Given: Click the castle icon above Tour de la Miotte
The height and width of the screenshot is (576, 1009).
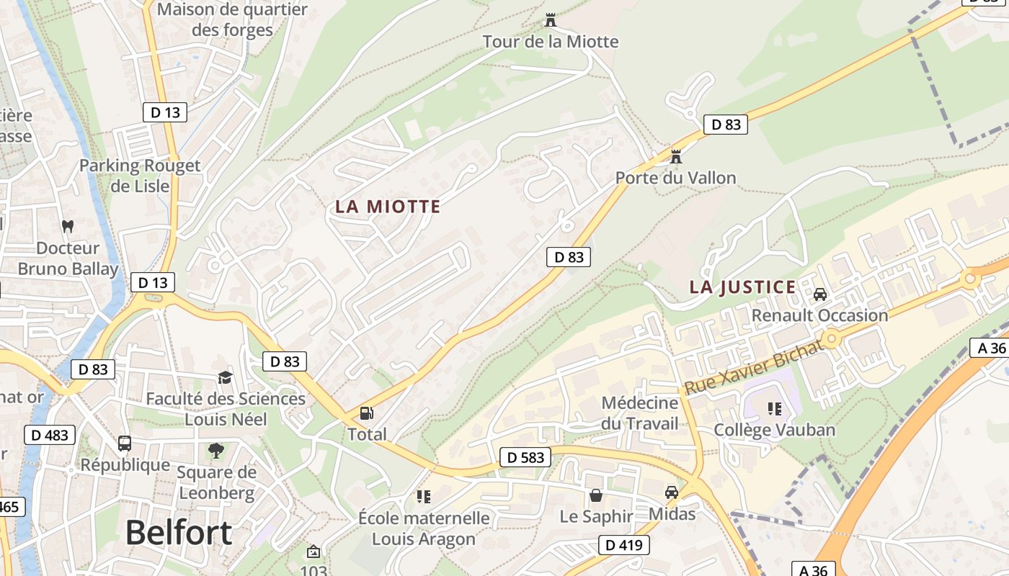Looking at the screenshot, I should click(551, 19).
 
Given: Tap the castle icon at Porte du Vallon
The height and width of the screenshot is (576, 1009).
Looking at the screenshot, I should click(676, 156).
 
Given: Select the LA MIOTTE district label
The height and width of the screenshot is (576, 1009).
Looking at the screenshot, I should click(388, 207).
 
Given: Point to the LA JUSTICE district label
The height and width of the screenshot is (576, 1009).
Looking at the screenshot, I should click(742, 287).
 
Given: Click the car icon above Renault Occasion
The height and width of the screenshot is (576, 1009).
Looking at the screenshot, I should click(820, 294).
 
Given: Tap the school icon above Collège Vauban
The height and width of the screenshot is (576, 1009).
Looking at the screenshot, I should click(775, 409).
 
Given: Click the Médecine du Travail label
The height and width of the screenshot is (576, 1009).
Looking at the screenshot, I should click(640, 413).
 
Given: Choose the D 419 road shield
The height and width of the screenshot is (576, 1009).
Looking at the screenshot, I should click(623, 545).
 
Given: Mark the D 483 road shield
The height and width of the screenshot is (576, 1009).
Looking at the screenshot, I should click(50, 434).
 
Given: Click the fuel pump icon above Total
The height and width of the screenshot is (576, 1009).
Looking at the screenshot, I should click(367, 413).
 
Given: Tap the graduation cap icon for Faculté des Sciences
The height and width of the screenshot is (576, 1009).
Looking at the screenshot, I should click(226, 377).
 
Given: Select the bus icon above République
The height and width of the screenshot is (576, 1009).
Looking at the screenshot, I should click(125, 443).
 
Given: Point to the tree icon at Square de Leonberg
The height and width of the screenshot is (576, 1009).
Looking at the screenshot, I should click(215, 451).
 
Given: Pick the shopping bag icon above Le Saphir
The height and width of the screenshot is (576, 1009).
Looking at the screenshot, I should click(596, 495).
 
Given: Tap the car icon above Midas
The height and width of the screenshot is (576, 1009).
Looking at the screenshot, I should click(672, 492).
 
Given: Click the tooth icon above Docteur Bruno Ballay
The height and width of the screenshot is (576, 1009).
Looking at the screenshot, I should click(68, 226).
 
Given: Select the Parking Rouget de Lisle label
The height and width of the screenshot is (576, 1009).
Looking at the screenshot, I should click(140, 176).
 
